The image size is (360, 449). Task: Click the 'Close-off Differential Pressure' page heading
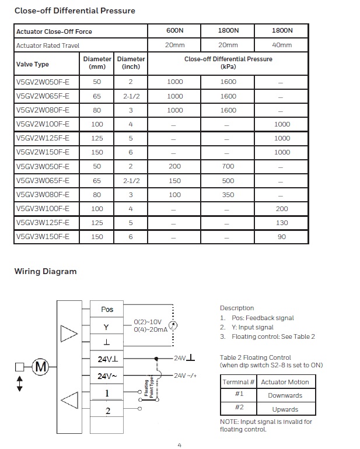pos(74,10)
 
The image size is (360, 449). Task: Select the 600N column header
pos(174,31)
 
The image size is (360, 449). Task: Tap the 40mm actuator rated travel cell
pos(282,45)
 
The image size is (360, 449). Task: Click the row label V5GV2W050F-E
pos(43,82)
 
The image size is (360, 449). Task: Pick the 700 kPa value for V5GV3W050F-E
pos(228,167)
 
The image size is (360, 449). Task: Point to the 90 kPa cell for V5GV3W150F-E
pos(282,237)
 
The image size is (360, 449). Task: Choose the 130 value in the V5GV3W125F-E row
pos(282,223)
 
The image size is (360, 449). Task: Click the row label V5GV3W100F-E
pos(43,209)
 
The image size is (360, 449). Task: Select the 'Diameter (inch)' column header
pos(131,62)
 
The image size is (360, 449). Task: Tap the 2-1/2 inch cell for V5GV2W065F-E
pos(131,96)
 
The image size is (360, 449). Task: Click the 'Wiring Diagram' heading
pos(46,271)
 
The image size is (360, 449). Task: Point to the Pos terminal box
pos(107,310)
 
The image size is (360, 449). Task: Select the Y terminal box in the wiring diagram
pos(107,328)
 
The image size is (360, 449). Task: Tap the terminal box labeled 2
pos(107,411)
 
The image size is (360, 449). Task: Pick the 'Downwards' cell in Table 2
pos(285,395)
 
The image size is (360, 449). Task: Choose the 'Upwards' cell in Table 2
pos(285,409)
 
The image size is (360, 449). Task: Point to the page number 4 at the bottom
pos(180,445)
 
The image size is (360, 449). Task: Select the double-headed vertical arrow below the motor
pos(20,383)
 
